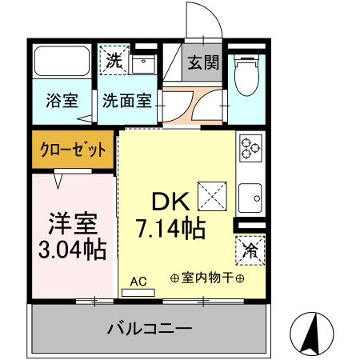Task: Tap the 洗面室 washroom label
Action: click(126, 103)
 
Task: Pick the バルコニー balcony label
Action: click(150, 328)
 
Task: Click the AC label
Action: click(138, 281)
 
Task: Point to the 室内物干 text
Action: click(207, 278)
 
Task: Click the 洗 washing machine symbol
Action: click(112, 60)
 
